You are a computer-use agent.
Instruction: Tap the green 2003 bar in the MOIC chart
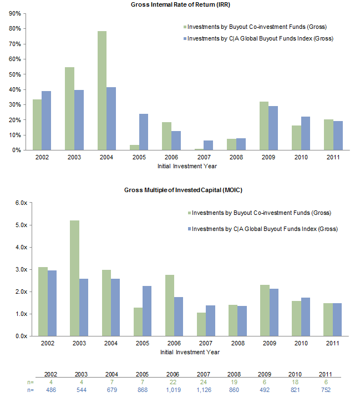(x=74, y=278)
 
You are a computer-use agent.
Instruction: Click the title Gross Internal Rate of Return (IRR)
(x=180, y=4)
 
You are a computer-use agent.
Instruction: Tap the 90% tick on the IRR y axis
(x=15, y=13)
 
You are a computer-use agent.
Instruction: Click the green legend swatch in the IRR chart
(x=184, y=27)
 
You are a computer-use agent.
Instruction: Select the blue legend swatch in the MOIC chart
(x=188, y=229)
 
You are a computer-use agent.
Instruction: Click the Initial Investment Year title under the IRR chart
(x=189, y=166)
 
